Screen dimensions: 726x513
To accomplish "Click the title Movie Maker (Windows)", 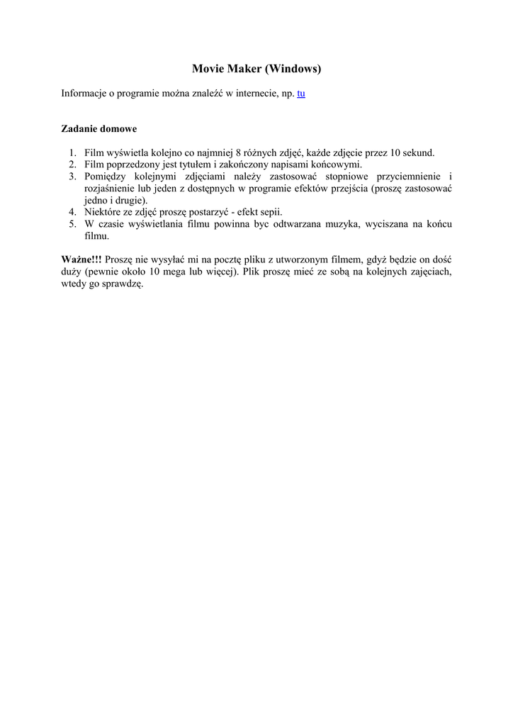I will pyautogui.click(x=256, y=69).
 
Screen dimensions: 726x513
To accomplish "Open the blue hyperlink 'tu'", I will pyautogui.click(x=301, y=94).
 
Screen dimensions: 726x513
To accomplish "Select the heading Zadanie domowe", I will pyautogui.click(x=98, y=130).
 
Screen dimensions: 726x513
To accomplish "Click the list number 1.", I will pyautogui.click(x=73, y=153).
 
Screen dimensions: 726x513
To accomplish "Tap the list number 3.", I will pyautogui.click(x=73, y=177).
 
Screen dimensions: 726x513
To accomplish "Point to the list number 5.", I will pyautogui.click(x=73, y=224).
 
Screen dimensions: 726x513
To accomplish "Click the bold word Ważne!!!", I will pyautogui.click(x=81, y=259).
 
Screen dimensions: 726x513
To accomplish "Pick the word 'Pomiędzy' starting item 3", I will pyautogui.click(x=107, y=177).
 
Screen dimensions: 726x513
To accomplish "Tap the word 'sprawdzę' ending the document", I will pyautogui.click(x=124, y=284).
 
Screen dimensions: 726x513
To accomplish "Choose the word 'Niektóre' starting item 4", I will pyautogui.click(x=103, y=212).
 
